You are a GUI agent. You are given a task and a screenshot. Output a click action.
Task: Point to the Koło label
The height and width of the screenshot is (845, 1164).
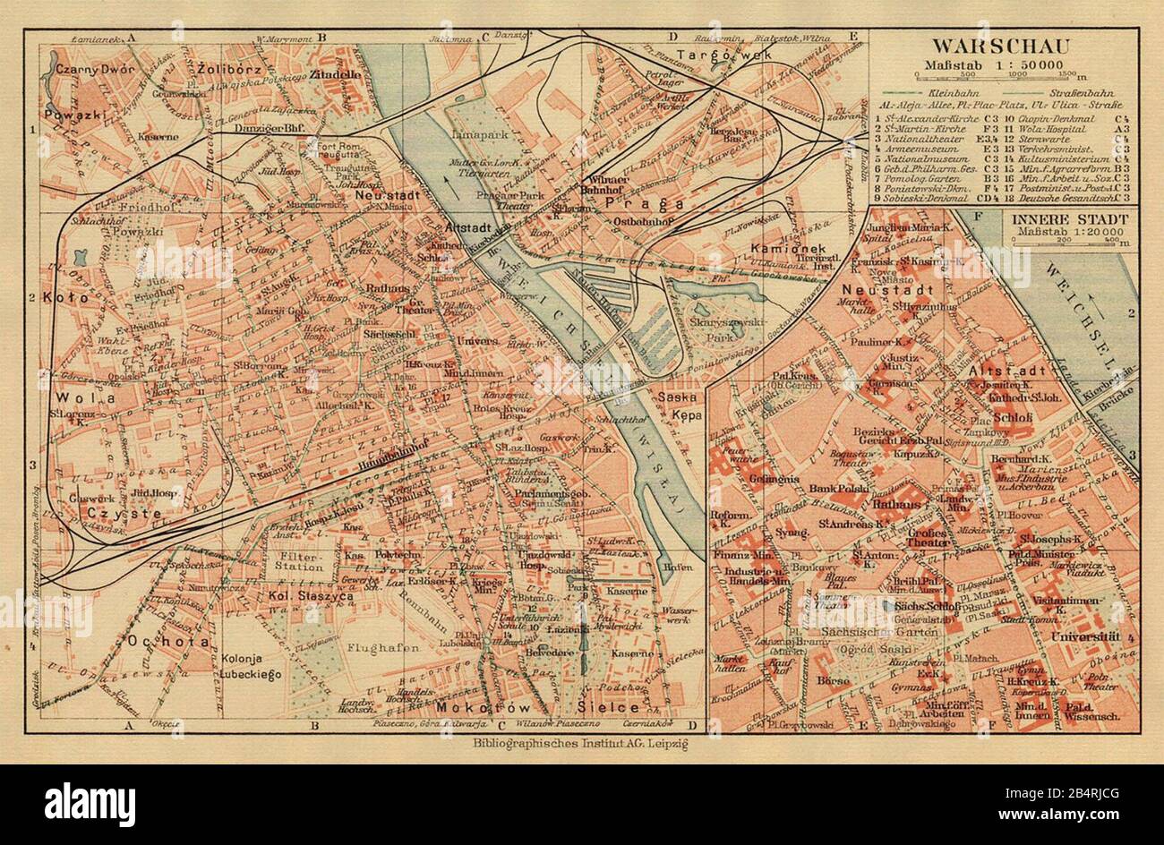[72, 297]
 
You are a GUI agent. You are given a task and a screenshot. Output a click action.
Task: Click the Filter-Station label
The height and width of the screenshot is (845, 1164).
[298, 560]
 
